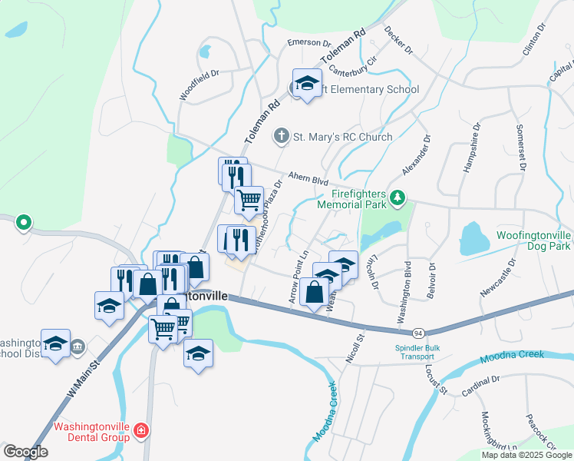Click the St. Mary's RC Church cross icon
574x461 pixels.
coord(282,137)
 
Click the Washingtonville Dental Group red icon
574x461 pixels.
coord(140,430)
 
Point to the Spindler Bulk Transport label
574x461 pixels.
coord(420,352)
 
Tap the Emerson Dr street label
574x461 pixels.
coord(308,42)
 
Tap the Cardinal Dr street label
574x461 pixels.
coord(481,386)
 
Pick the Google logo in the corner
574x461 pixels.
coord(25,451)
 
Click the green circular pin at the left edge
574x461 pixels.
coord(24,224)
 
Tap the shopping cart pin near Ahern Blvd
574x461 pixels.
coord(249,201)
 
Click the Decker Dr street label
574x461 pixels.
coord(398,41)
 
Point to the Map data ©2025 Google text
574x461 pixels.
coord(526,454)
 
